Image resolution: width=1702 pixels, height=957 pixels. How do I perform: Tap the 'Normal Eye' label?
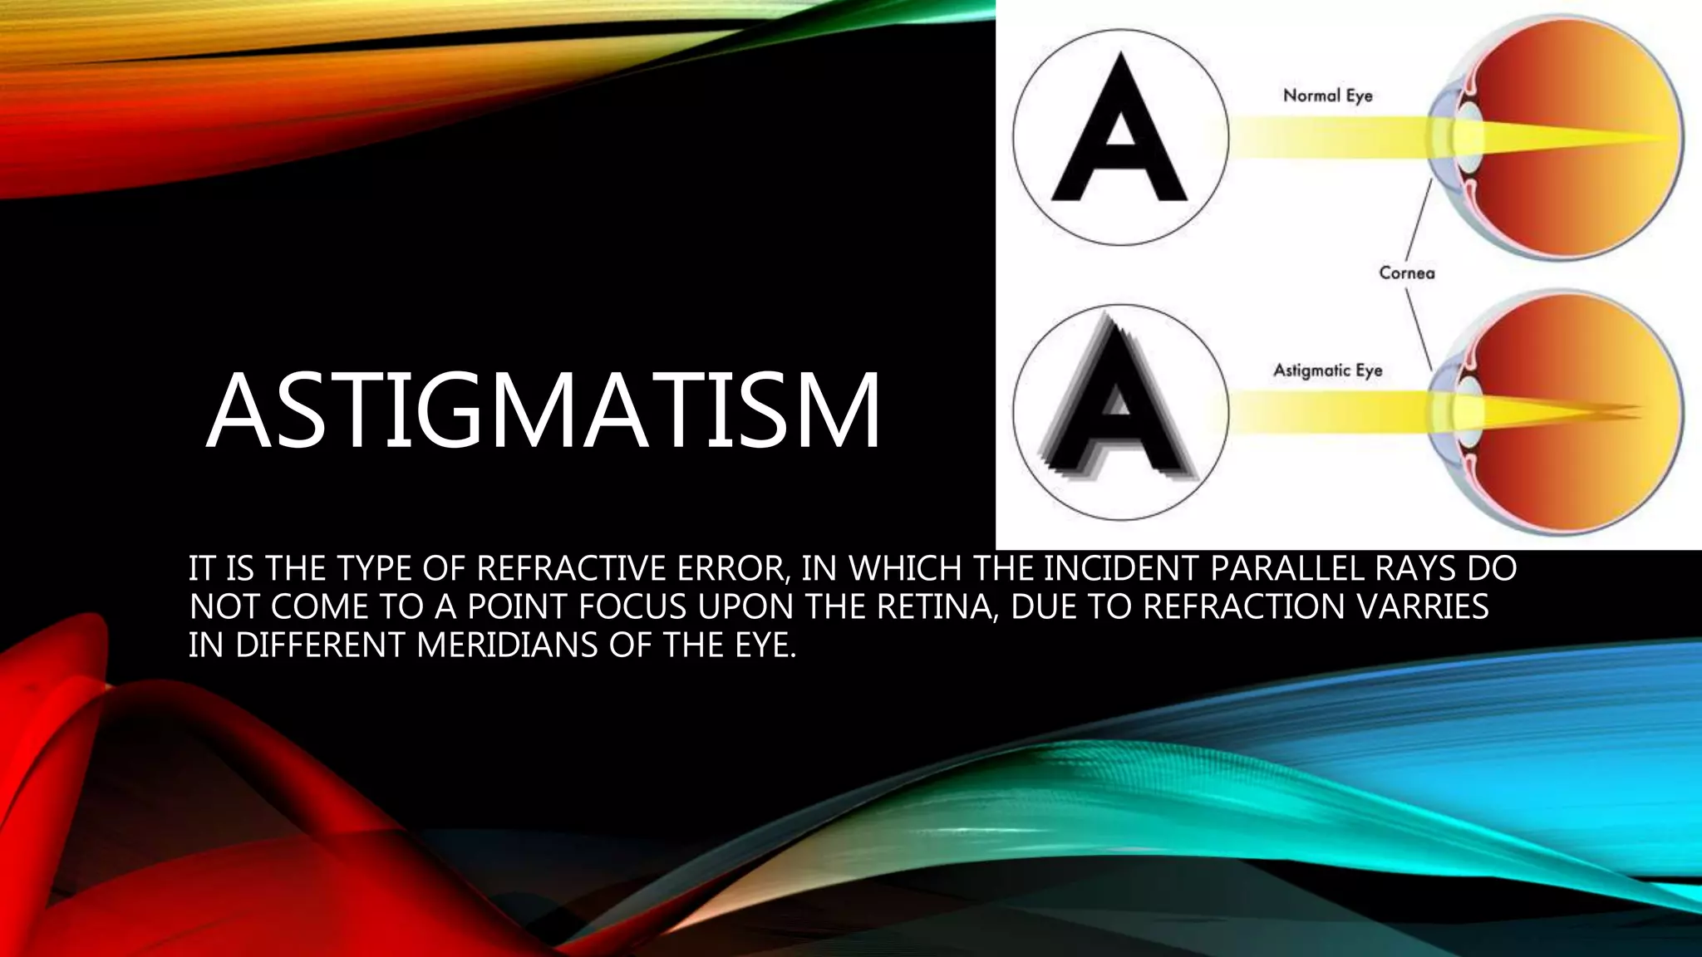click(1327, 96)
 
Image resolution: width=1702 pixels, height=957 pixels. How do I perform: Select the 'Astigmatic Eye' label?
click(1327, 370)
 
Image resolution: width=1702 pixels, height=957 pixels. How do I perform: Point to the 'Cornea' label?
click(1406, 272)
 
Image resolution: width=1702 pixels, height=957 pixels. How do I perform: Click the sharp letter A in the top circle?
click(1119, 133)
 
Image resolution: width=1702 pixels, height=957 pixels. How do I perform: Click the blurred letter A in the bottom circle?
click(1118, 407)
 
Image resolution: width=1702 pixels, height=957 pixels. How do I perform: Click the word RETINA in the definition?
click(935, 607)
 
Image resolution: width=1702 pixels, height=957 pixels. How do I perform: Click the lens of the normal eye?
click(1468, 136)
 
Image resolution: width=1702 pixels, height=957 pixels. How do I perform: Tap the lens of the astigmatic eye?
click(1468, 409)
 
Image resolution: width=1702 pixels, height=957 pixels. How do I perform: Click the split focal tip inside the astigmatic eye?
click(1629, 409)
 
